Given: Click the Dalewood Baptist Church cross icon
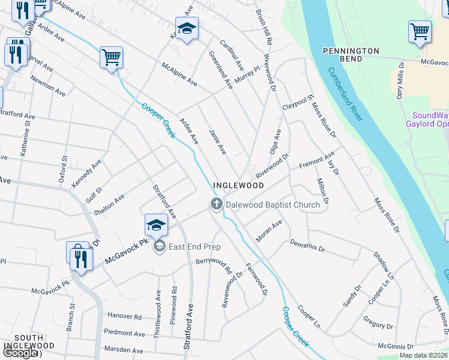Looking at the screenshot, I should [x=216, y=205].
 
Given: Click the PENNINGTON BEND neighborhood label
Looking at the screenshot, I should [x=351, y=55].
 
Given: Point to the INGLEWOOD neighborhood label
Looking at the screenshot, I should [x=239, y=186].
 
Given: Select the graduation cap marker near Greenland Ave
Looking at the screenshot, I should [x=187, y=28].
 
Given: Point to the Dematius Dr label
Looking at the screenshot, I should [x=307, y=245].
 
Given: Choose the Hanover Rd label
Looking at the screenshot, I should [x=125, y=316].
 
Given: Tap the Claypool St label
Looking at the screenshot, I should [x=298, y=102].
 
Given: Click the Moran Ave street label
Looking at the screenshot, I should [x=269, y=231].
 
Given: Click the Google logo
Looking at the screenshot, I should [x=20, y=353].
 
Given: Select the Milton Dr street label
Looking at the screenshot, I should [x=322, y=191].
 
